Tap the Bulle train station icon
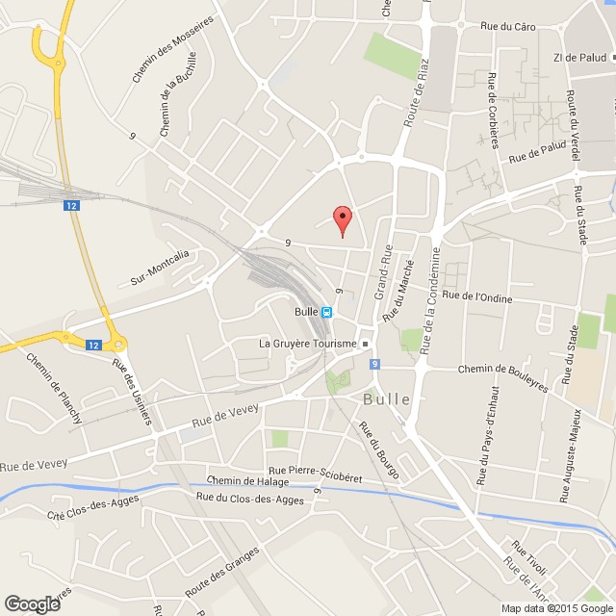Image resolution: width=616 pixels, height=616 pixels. [x=327, y=312]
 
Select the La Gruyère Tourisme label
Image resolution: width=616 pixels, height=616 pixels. [x=308, y=343]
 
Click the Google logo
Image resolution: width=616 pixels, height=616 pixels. [x=31, y=603]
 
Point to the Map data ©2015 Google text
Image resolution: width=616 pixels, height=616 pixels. [x=554, y=608]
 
